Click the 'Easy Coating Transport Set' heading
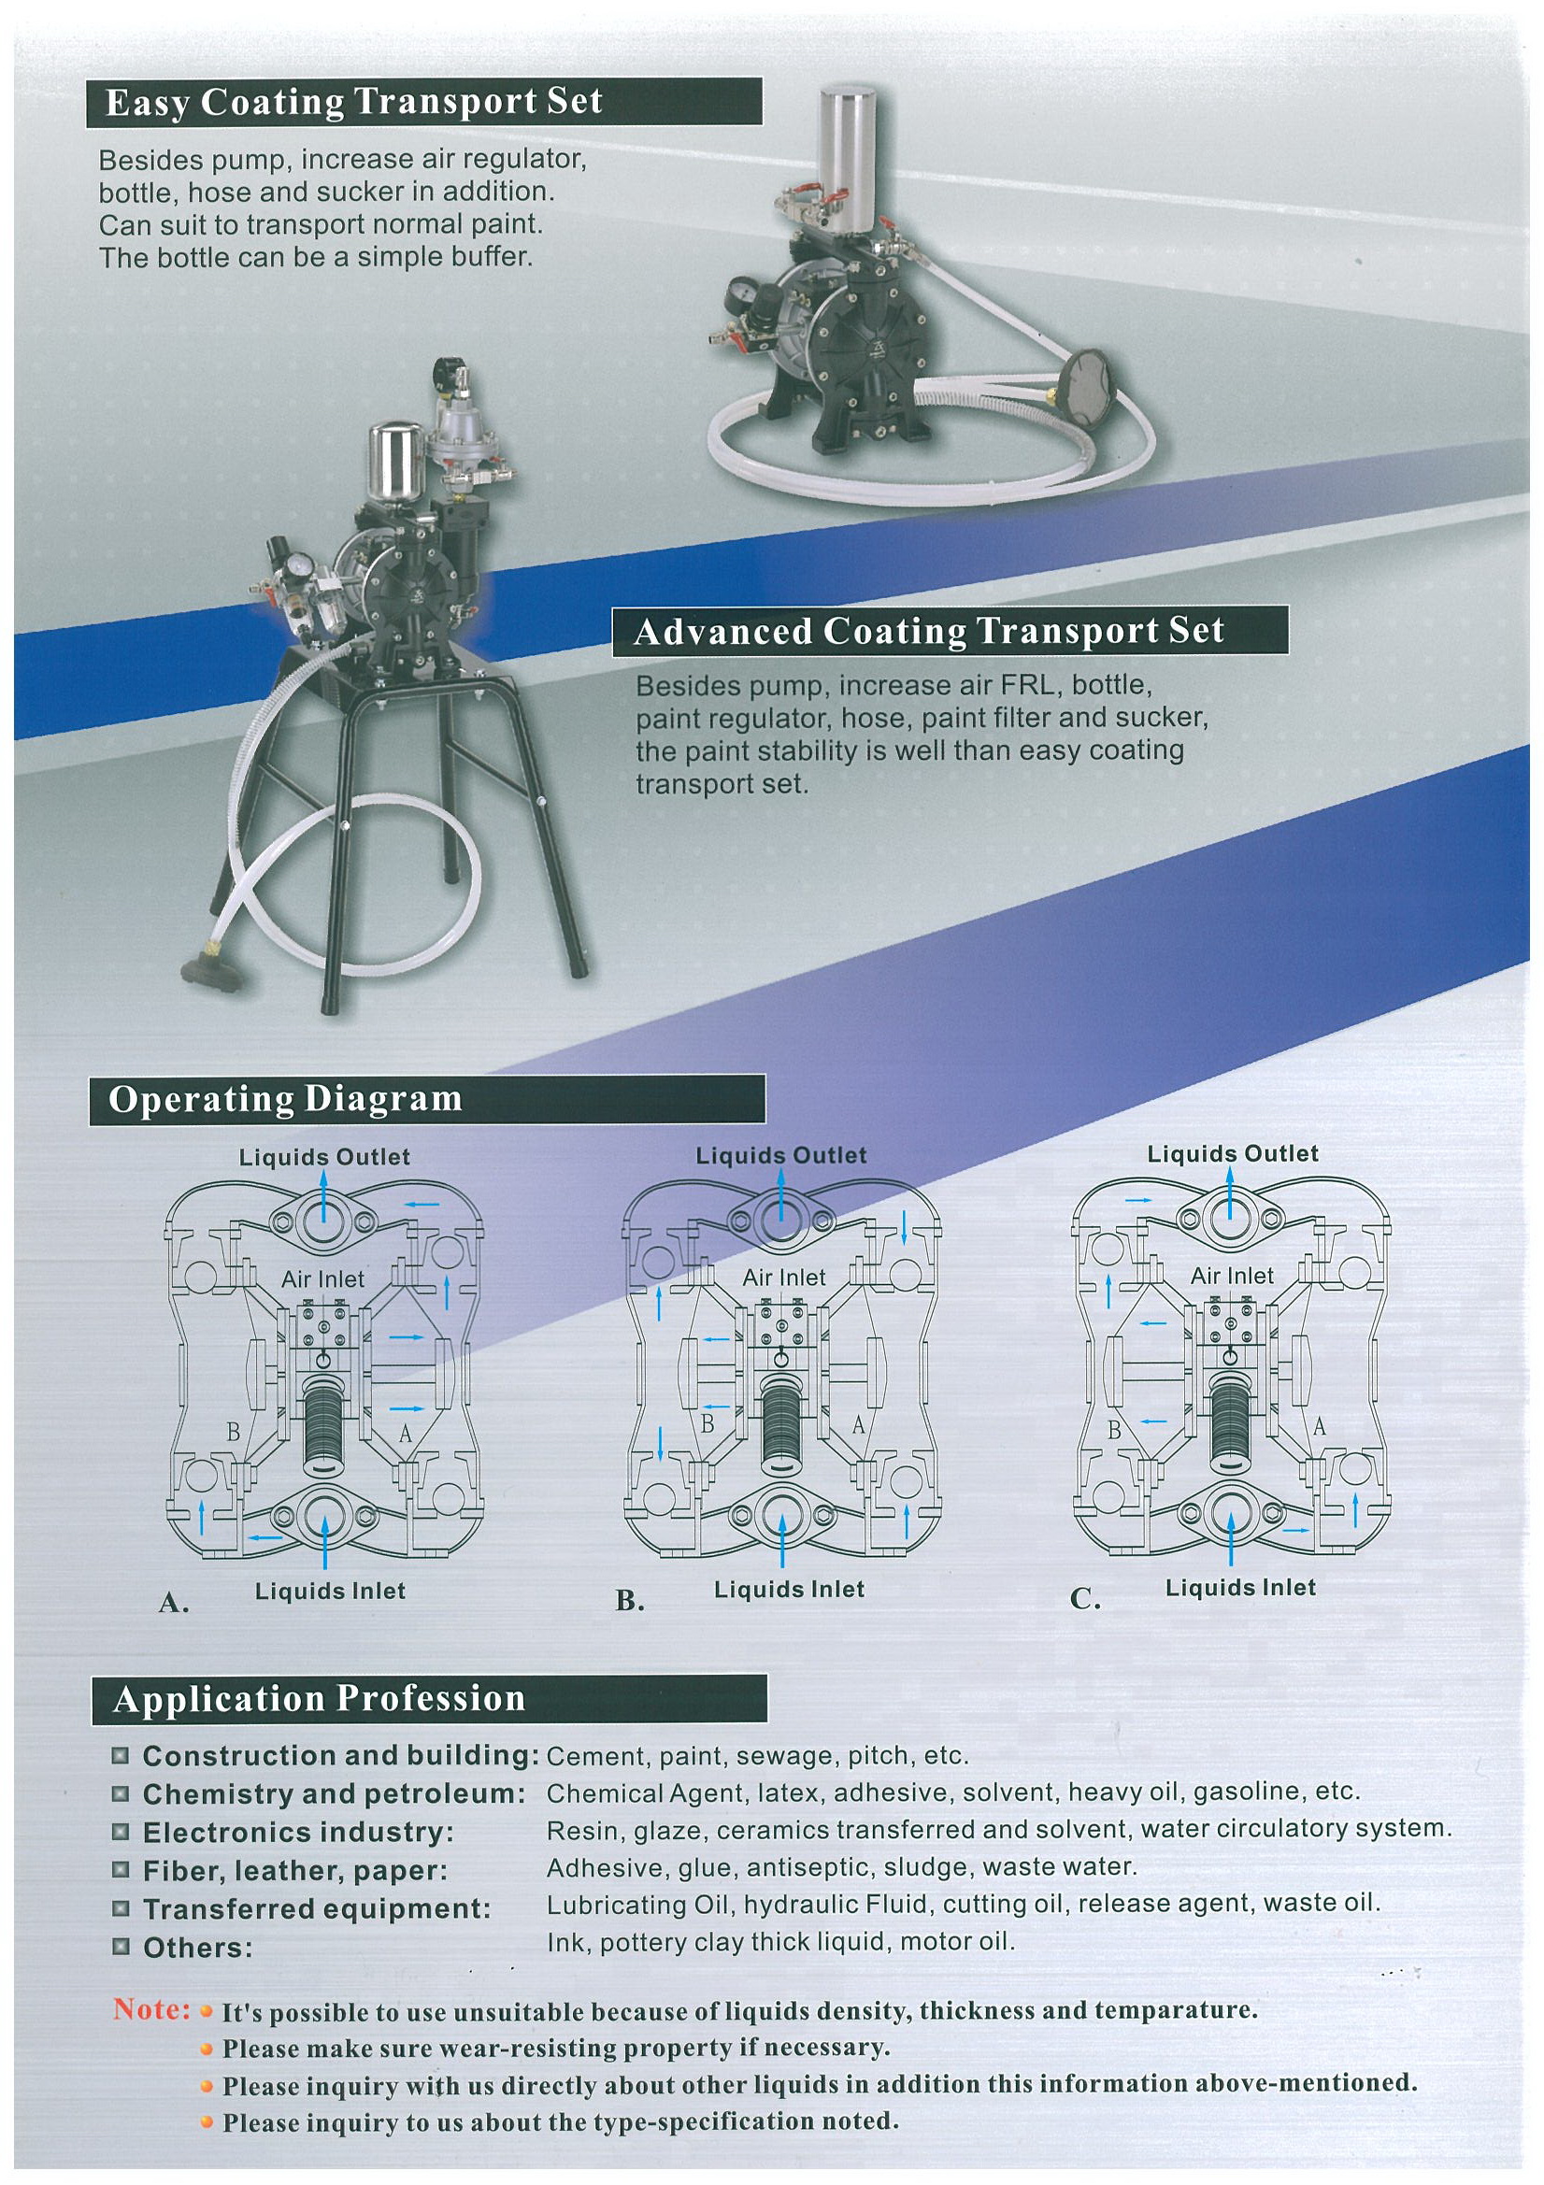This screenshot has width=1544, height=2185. (x=353, y=103)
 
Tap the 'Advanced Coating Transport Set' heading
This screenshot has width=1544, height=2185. (x=928, y=631)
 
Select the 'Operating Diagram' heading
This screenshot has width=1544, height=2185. (x=285, y=1098)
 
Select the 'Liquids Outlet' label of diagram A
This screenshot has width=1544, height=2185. (x=324, y=1157)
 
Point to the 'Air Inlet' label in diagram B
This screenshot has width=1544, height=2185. (x=784, y=1278)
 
